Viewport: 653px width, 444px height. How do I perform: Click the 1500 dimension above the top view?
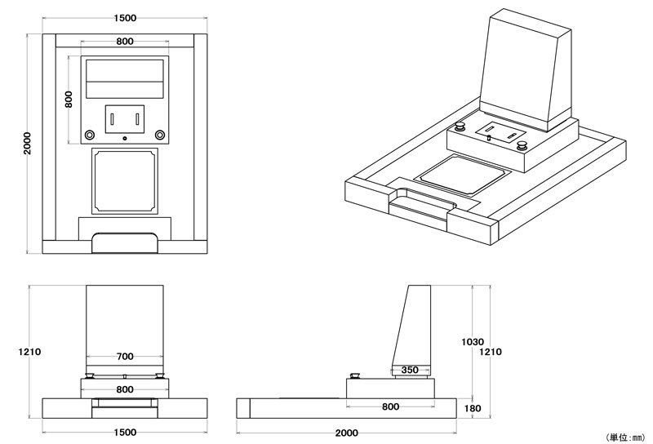pos(125,18)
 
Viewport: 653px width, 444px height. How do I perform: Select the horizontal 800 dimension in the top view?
pos(125,42)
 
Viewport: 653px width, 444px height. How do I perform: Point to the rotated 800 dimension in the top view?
pos(69,99)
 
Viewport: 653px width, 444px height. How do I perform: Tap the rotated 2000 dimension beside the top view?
pos(27,143)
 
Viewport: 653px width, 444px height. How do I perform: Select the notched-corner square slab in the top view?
pos(125,180)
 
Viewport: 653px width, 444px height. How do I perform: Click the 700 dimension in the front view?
pos(125,357)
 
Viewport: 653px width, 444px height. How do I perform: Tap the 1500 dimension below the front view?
pos(125,432)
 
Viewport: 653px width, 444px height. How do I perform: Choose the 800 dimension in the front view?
pos(125,389)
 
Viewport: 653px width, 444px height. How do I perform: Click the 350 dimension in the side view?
pos(411,370)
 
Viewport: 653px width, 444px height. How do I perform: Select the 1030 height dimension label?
pos(473,342)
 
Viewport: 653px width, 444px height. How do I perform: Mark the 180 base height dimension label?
pos(473,408)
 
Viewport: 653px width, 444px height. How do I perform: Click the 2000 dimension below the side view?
pos(346,432)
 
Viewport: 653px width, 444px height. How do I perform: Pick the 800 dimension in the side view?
pos(390,406)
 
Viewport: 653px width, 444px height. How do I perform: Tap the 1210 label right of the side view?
pos(491,352)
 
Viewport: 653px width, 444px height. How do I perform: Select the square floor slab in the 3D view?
pos(461,173)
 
